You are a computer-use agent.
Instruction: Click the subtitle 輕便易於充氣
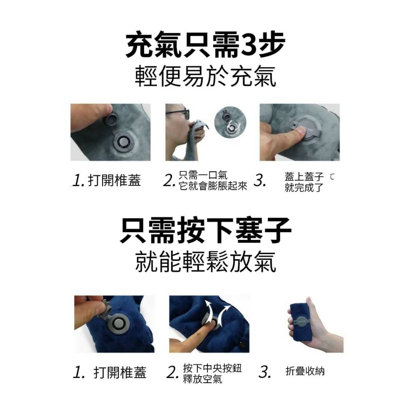[x=205, y=77]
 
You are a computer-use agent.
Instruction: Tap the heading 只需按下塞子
[x=205, y=231]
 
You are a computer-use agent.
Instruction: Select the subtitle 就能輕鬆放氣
[x=205, y=262]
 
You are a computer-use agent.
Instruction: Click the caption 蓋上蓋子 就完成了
[x=304, y=182]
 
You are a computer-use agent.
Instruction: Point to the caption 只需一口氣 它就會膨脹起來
[x=213, y=181]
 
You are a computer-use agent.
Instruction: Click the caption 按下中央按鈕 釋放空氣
[x=212, y=373]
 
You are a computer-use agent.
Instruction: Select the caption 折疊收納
[x=305, y=371]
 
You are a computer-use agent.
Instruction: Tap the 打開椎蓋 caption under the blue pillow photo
[x=120, y=372]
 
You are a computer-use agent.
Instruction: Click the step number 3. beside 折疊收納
[x=266, y=372]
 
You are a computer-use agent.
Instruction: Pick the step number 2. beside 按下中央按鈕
[x=173, y=373]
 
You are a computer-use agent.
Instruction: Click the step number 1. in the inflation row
[x=78, y=181]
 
